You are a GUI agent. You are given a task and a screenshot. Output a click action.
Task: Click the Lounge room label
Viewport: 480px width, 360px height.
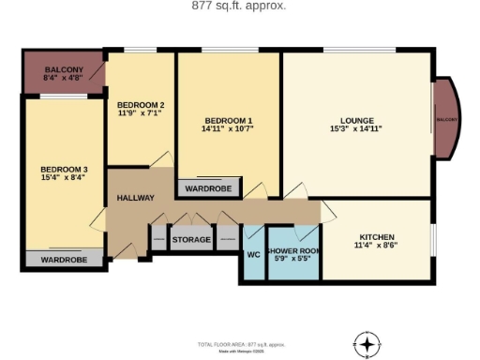(357, 120)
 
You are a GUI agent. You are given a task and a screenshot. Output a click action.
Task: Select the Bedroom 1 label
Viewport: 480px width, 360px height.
(229, 120)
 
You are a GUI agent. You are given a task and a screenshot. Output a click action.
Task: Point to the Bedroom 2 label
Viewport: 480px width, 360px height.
(141, 104)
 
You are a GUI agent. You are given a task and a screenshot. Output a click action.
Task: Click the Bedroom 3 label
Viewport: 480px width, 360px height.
(63, 169)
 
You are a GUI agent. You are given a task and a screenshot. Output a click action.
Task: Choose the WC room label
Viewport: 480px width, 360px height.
(253, 254)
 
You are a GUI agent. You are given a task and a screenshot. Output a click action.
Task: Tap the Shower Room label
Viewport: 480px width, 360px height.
(293, 251)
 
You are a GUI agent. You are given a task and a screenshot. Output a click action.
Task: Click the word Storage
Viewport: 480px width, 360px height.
(191, 240)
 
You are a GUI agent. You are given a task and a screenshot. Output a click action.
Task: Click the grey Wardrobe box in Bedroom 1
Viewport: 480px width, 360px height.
(208, 188)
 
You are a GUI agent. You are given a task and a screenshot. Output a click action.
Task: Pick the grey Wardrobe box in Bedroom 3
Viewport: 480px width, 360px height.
(64, 260)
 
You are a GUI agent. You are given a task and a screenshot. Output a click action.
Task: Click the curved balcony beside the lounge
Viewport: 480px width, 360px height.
(445, 120)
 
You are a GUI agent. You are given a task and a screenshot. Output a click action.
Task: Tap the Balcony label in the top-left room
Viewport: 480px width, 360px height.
(63, 70)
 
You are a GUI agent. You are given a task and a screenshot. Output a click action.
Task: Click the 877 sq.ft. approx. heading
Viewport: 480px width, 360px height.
(239, 6)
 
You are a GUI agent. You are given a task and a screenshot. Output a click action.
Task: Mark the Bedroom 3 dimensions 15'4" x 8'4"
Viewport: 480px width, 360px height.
(63, 177)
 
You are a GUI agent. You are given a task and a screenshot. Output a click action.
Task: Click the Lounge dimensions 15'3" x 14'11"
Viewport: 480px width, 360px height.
(357, 128)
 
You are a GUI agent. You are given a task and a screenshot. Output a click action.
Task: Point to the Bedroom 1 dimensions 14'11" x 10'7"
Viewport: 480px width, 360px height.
(229, 128)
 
